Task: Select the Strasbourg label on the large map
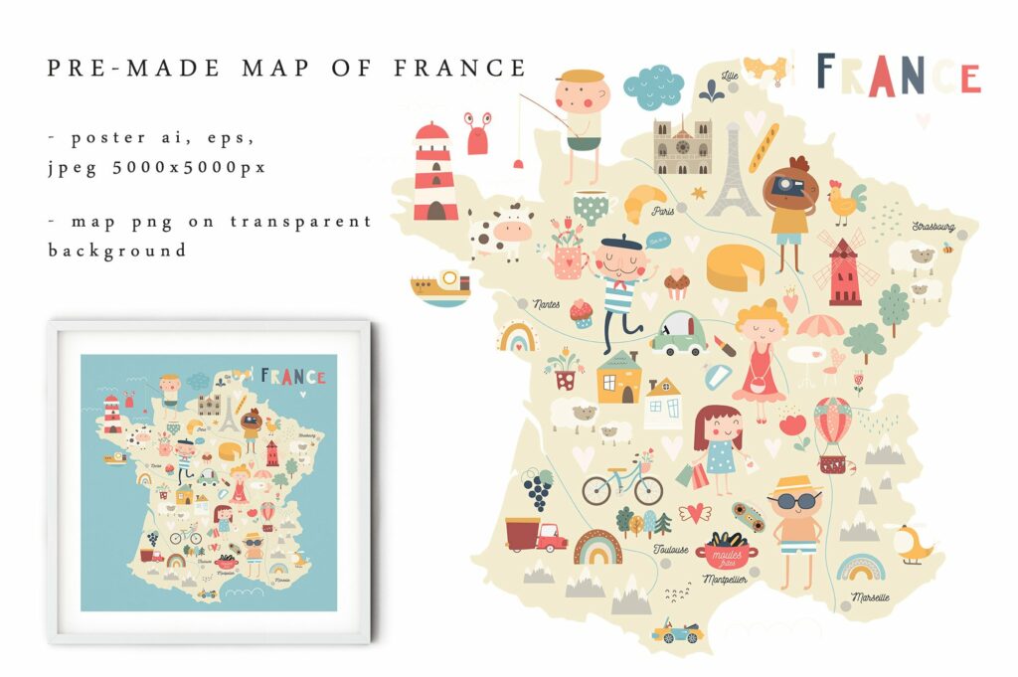933,227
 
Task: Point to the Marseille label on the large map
870,597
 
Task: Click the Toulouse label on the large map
671,549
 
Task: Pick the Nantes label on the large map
546,303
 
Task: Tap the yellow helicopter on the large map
912,543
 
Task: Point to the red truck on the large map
534,535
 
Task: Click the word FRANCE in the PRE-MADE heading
459,68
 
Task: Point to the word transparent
300,221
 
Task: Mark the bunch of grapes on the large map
538,489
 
